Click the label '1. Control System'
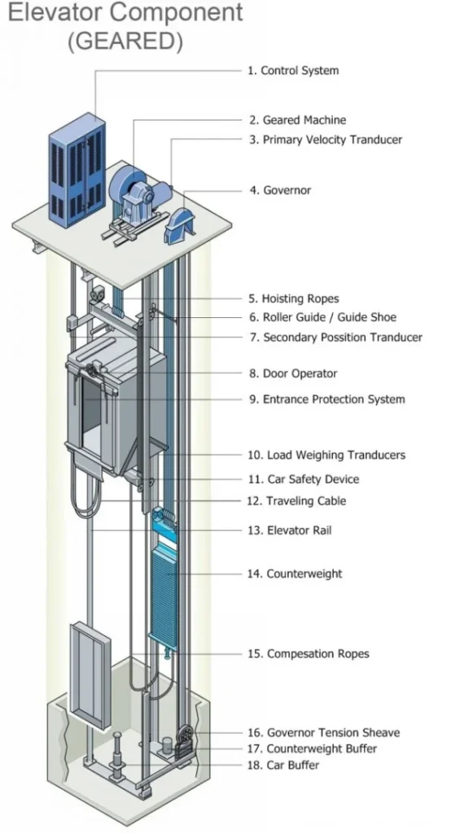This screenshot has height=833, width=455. tap(293, 71)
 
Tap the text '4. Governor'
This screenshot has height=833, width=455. tap(280, 190)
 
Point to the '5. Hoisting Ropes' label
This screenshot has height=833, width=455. tap(293, 299)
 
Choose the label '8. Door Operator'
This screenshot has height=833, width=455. tap(293, 373)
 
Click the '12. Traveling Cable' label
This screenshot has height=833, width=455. tap(295, 501)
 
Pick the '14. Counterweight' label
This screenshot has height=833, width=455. tap(294, 574)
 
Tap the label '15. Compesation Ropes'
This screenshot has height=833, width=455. tap(307, 653)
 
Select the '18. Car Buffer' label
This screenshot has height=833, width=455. tap(282, 765)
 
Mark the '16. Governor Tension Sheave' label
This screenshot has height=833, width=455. tap(323, 732)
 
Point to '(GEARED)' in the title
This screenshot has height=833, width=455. tap(125, 41)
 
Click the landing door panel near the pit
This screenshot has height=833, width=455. tap(89, 676)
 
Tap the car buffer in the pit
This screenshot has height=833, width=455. tap(118, 757)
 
